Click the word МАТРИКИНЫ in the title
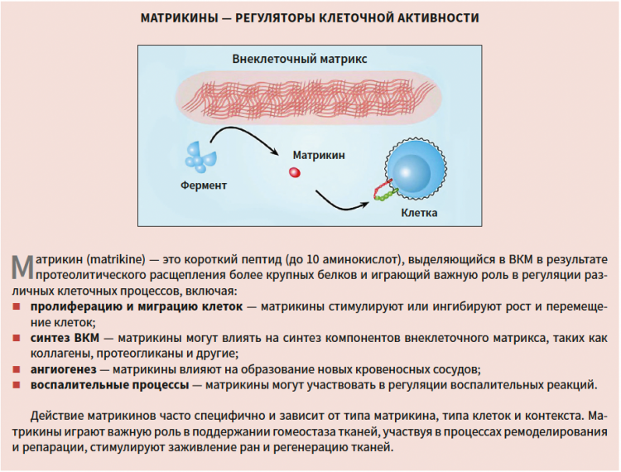[x=180, y=18]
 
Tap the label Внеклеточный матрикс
[x=300, y=59]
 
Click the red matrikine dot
[x=294, y=172]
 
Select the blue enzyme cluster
[x=200, y=157]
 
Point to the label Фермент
[x=204, y=185]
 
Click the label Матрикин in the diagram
[x=319, y=155]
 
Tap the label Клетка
[x=419, y=213]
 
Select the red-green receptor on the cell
[x=384, y=190]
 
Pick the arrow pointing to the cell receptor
[x=343, y=203]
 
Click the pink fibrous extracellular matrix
[x=309, y=98]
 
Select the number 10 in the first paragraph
[x=312, y=260]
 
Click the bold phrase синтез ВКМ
[x=65, y=338]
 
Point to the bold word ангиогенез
[x=64, y=370]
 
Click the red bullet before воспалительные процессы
[x=17, y=385]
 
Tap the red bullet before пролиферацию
[x=17, y=306]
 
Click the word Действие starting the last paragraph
[x=57, y=417]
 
